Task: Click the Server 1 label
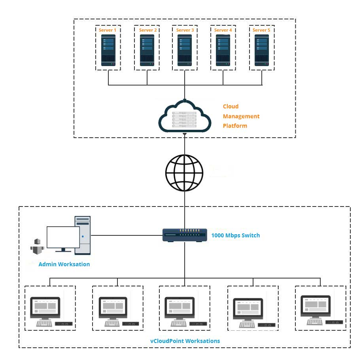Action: tap(107, 30)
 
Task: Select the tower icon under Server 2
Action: tap(147, 50)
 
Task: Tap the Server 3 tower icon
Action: tap(185, 50)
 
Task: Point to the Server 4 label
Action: tap(223, 30)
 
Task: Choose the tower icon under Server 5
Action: tap(262, 50)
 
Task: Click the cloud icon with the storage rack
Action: tap(185, 116)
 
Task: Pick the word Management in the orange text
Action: tap(241, 116)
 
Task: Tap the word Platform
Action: tap(235, 126)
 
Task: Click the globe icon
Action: tap(184, 173)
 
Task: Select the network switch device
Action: tap(185, 235)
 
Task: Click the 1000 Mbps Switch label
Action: tap(235, 235)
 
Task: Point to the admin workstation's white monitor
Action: tap(63, 237)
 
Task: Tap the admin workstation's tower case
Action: tap(83, 235)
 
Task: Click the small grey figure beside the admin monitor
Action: tap(37, 247)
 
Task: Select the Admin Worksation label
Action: tap(64, 264)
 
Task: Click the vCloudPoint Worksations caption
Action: tap(185, 341)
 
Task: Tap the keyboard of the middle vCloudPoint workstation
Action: tap(178, 323)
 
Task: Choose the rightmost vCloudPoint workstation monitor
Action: tap(316, 306)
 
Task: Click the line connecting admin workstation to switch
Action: tap(127, 235)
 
